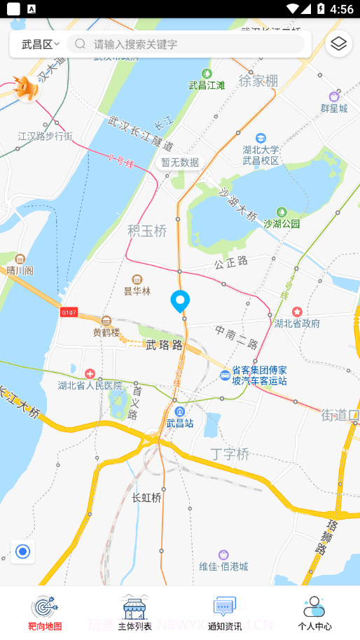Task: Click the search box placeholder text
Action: (136, 44)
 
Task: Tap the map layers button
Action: (339, 44)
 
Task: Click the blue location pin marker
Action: (181, 301)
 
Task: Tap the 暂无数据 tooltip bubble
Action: (180, 162)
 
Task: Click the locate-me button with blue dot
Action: (23, 552)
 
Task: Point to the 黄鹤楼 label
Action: (106, 333)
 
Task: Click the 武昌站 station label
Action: (180, 423)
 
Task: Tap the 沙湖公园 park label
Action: (282, 223)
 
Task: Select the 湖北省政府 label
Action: (297, 323)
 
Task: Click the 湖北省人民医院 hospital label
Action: (90, 385)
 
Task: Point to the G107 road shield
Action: (69, 312)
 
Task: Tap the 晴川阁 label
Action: (20, 270)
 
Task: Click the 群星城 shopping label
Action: (334, 108)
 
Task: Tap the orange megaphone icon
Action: (27, 88)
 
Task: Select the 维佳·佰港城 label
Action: (223, 566)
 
